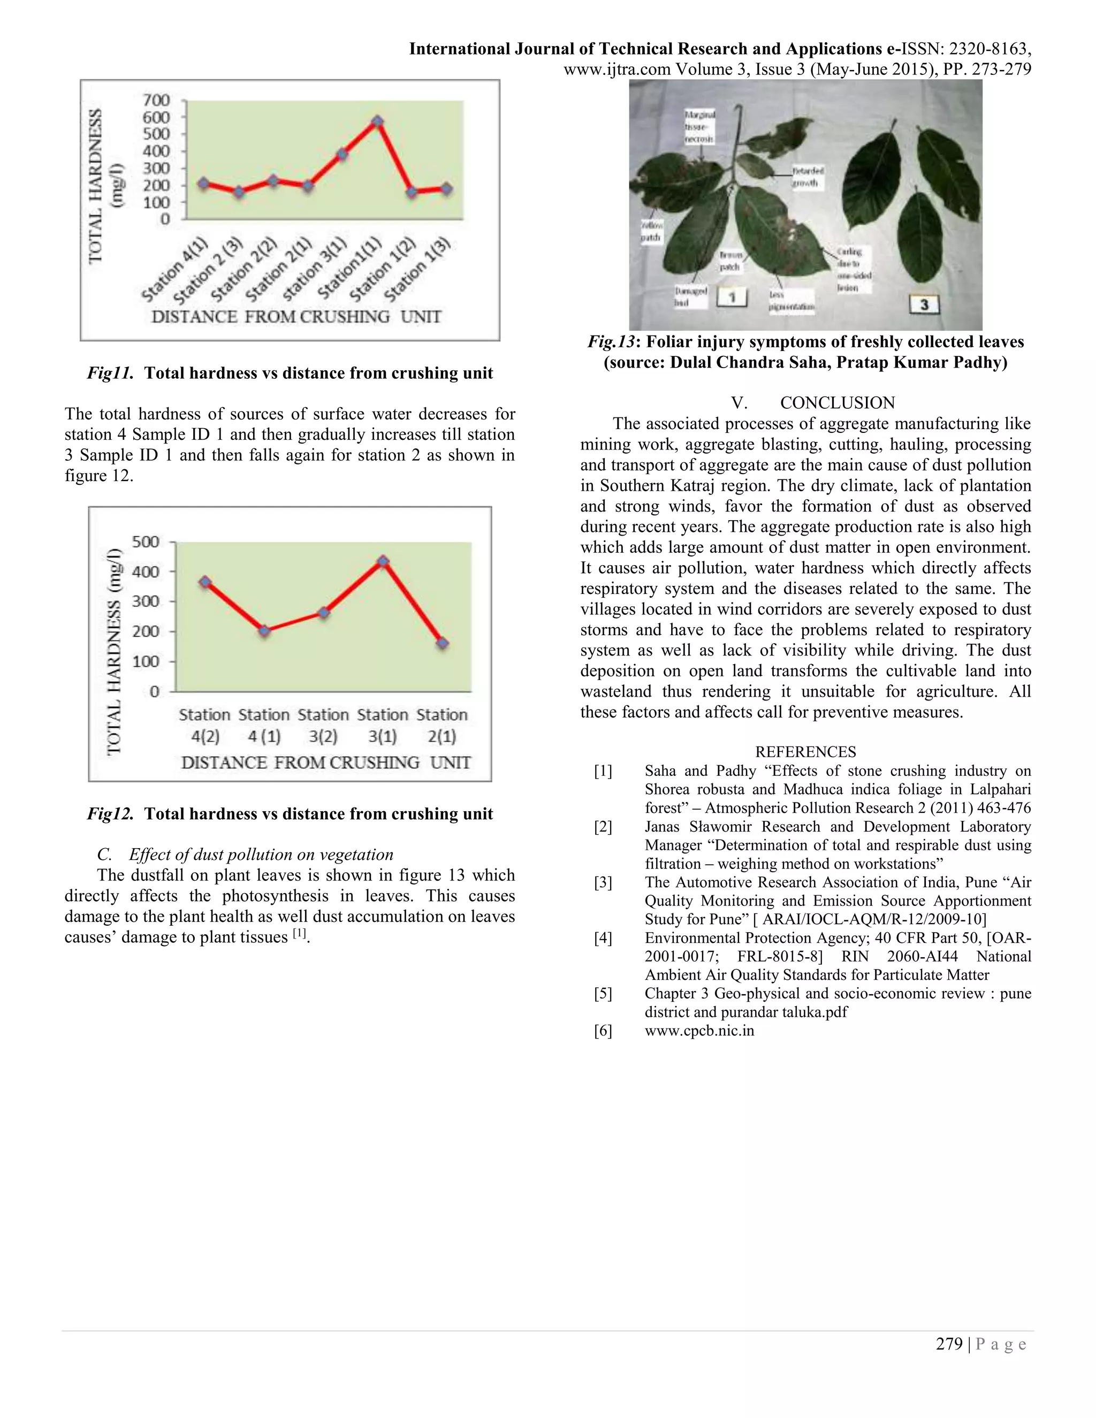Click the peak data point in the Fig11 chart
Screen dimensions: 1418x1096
click(x=377, y=121)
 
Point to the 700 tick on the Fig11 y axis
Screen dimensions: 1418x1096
click(x=156, y=101)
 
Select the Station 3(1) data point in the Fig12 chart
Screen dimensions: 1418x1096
click(x=383, y=561)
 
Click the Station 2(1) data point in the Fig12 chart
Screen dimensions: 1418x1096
click(x=443, y=643)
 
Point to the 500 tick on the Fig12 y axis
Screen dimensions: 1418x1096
click(x=146, y=542)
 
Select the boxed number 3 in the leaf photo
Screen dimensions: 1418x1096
click(x=924, y=304)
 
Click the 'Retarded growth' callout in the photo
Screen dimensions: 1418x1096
click(x=807, y=177)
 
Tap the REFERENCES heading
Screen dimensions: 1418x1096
click(x=805, y=752)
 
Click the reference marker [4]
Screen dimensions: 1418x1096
click(x=603, y=937)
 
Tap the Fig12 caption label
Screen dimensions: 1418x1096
click(x=110, y=813)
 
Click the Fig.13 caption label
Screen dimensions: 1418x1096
click(x=610, y=341)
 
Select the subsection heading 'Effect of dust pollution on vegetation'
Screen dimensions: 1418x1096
click(x=261, y=855)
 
